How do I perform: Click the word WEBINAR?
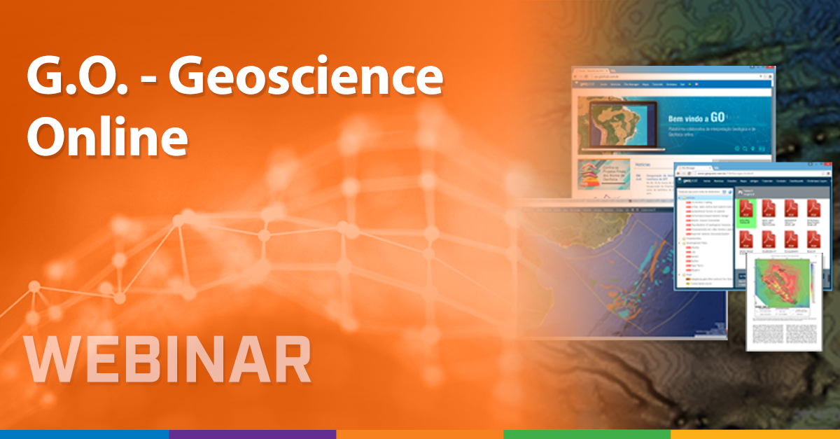point(168,361)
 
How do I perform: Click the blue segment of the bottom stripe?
point(84,434)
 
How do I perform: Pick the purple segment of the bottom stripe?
point(252,434)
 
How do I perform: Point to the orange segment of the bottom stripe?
point(419,434)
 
